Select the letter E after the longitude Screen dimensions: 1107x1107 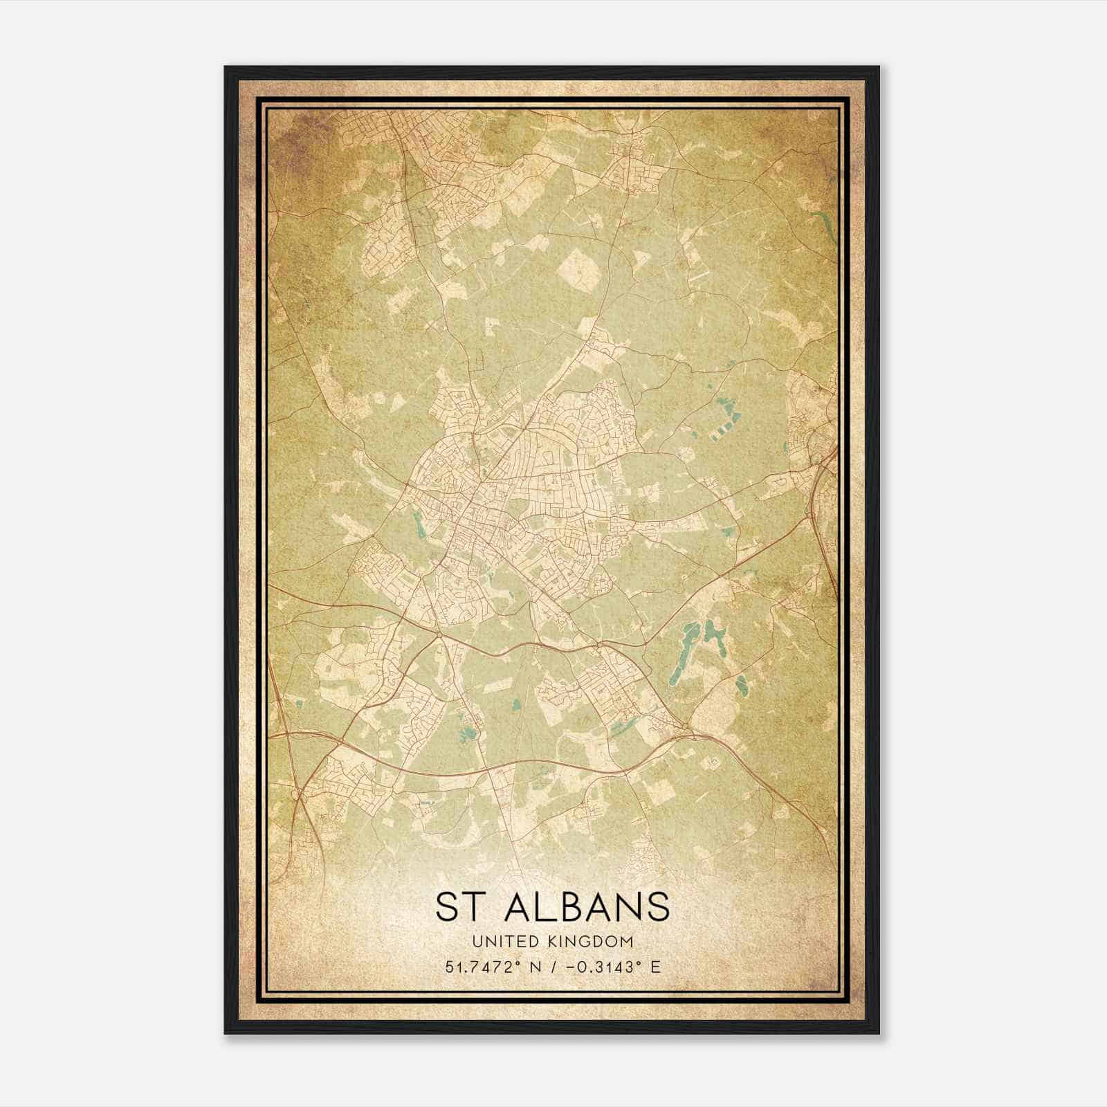(655, 967)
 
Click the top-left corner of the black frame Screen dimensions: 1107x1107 (226, 67)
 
